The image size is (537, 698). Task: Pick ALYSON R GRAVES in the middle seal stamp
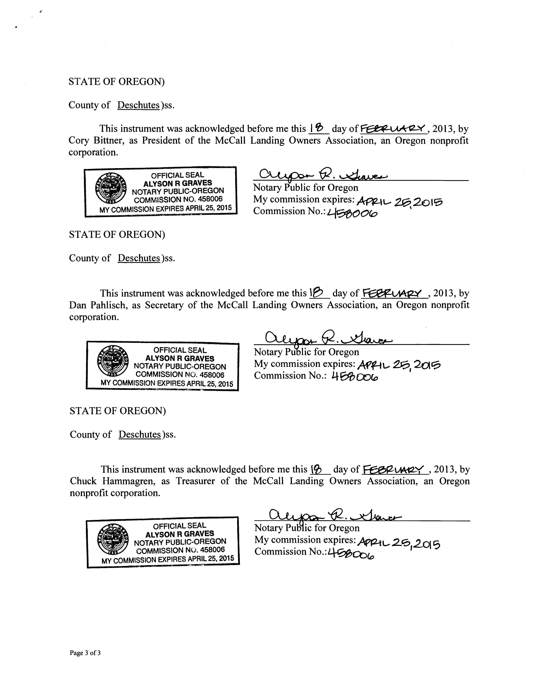tap(180, 358)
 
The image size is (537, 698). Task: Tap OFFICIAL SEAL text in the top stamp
tap(177, 175)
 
